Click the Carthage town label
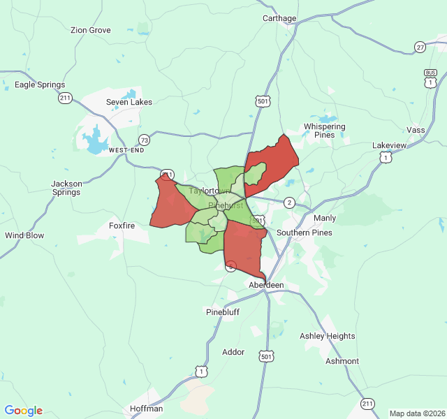click(x=279, y=18)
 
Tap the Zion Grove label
click(x=91, y=30)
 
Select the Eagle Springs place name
click(x=40, y=85)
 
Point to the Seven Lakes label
click(x=129, y=102)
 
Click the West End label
click(x=126, y=150)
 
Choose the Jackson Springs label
click(x=66, y=188)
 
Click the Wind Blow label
click(x=24, y=235)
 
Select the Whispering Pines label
click(x=324, y=131)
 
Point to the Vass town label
click(x=416, y=131)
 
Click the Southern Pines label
click(x=305, y=233)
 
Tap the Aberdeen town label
click(x=266, y=286)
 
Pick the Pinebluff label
click(x=223, y=312)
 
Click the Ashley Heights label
click(x=328, y=336)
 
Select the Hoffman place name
click(x=147, y=409)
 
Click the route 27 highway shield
click(x=420, y=47)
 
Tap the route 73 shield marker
click(x=144, y=140)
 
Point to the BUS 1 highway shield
click(x=430, y=78)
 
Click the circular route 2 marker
click(x=289, y=203)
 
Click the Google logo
click(x=24, y=411)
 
